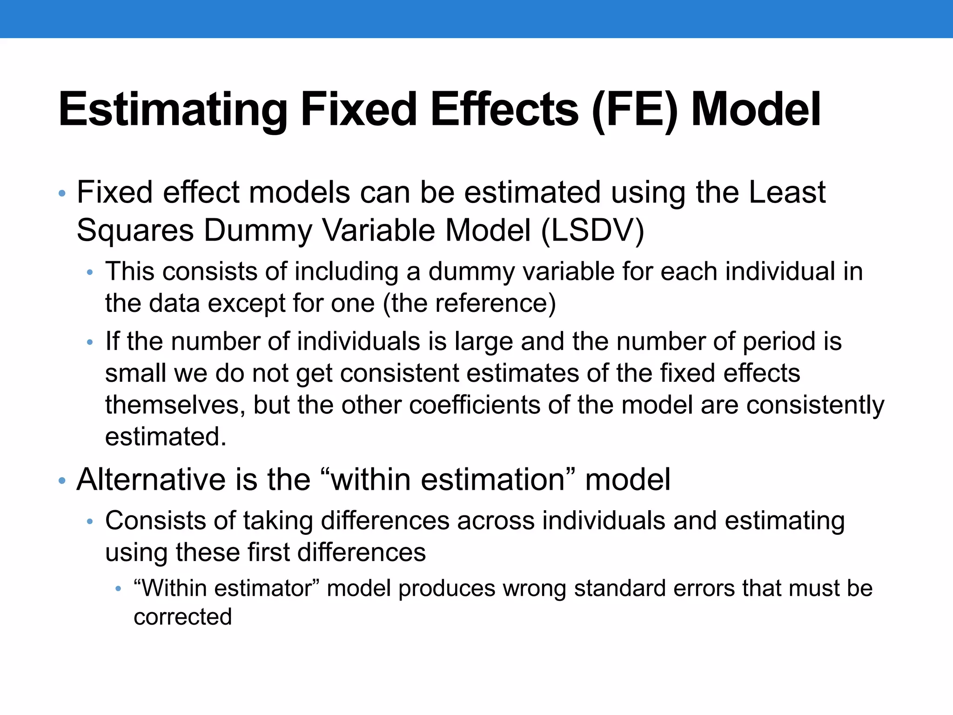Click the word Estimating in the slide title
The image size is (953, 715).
[173, 110]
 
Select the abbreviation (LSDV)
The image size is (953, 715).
[593, 230]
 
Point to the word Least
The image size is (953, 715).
[787, 192]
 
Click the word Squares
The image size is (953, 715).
[135, 231]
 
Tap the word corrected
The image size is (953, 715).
[182, 617]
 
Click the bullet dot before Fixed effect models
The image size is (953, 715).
[62, 194]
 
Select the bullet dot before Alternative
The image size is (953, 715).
[62, 481]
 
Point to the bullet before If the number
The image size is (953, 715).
[90, 343]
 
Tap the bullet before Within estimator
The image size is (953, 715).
[118, 590]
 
